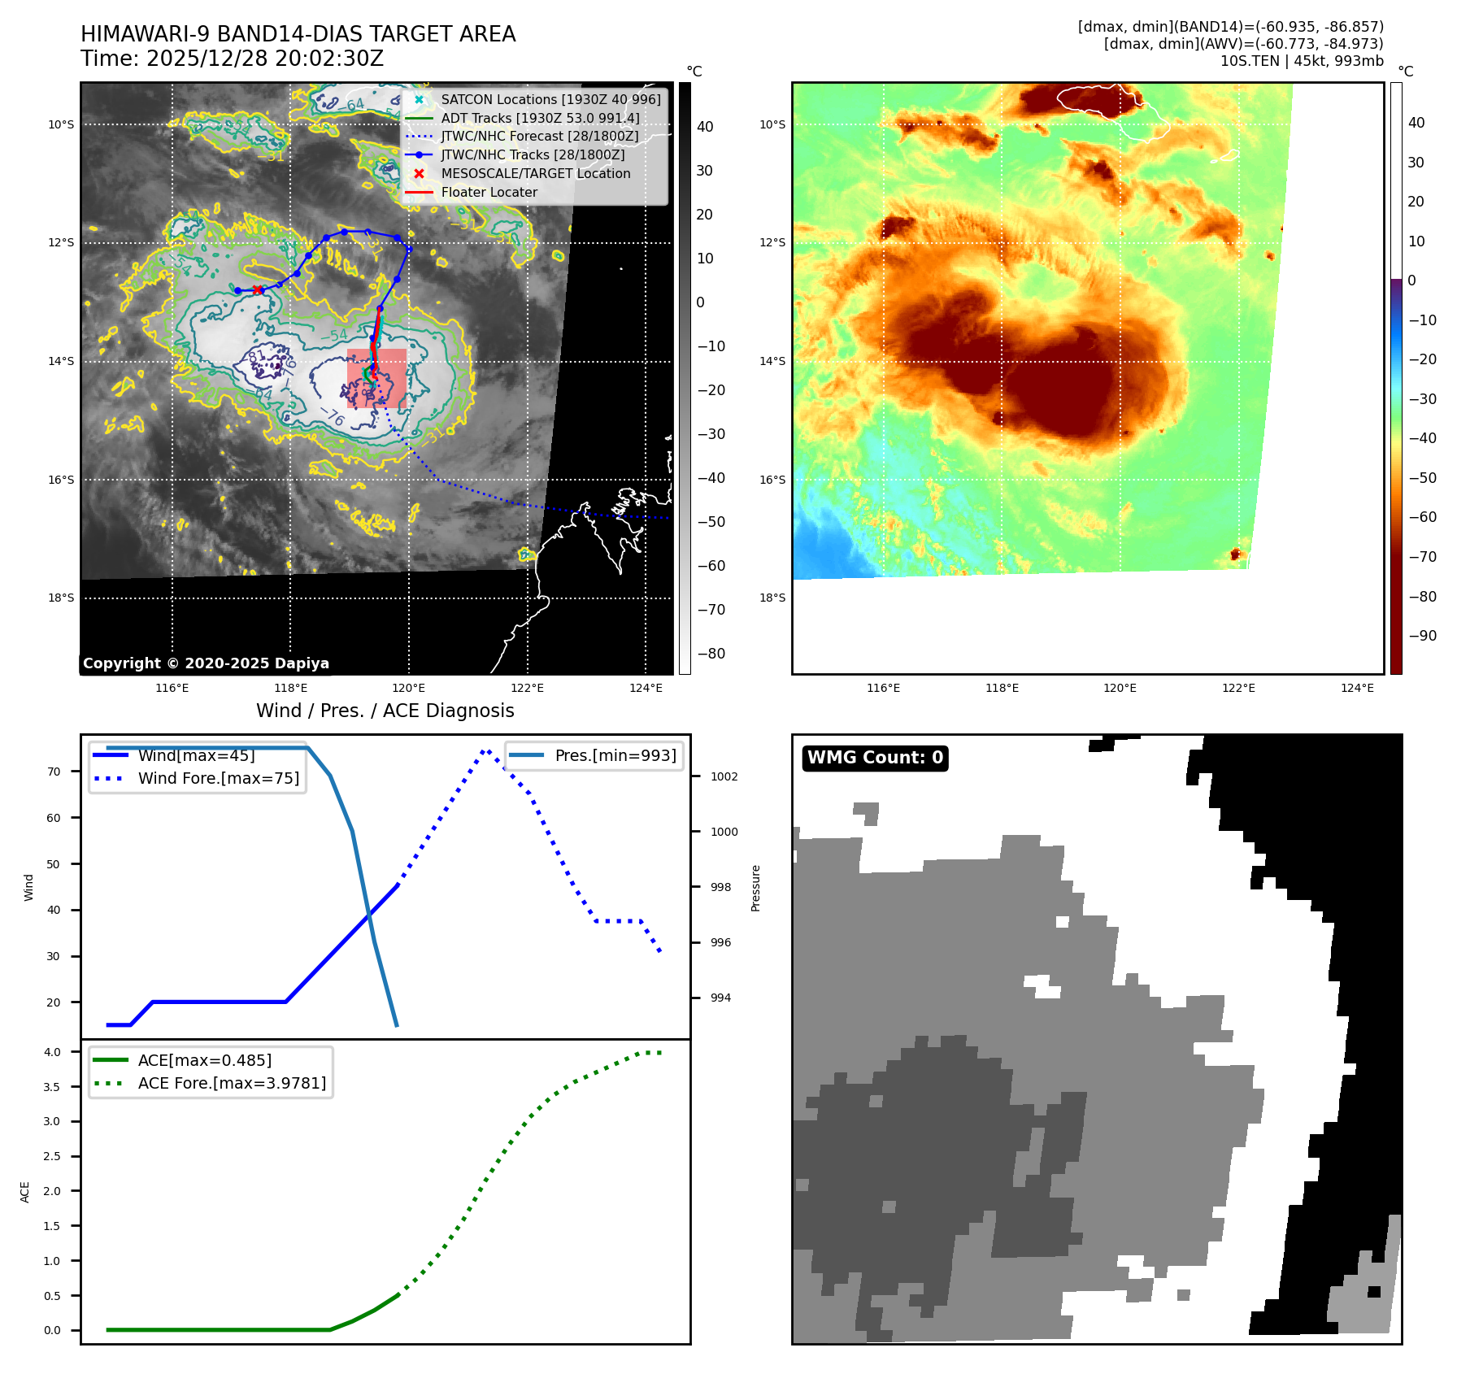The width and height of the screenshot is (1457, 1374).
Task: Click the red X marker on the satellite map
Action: point(258,289)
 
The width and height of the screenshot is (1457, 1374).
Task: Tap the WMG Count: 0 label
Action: point(875,758)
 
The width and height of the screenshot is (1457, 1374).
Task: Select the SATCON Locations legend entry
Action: point(550,99)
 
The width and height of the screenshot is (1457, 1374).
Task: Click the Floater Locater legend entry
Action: point(489,193)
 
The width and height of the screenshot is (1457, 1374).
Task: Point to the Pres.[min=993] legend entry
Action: point(615,755)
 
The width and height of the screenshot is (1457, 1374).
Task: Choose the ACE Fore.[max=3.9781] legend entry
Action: point(232,1083)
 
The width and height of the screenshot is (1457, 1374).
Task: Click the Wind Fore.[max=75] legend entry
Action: point(218,778)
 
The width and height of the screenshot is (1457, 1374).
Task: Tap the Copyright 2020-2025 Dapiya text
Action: point(206,663)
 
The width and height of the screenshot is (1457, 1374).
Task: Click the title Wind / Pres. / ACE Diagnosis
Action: point(385,711)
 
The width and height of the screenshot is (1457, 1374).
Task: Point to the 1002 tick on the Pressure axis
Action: point(724,776)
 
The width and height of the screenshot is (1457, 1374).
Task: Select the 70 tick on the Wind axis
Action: point(54,772)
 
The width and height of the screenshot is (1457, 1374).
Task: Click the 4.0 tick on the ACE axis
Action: point(52,1052)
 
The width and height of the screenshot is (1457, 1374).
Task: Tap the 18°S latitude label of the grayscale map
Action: point(61,598)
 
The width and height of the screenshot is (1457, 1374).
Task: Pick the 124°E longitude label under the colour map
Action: point(1357,688)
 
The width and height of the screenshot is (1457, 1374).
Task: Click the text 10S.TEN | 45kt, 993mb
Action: point(1301,61)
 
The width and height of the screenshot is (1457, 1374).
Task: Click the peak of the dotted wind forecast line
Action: point(485,750)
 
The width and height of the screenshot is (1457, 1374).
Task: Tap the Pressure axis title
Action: point(755,887)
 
